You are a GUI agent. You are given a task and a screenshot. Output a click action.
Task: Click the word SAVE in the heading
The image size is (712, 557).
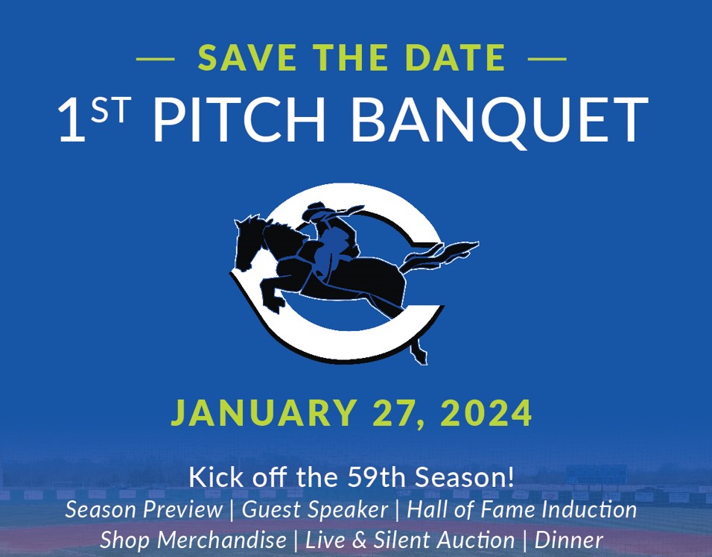click(x=247, y=57)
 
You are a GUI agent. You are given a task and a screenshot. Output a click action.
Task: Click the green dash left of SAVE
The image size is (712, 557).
click(x=156, y=59)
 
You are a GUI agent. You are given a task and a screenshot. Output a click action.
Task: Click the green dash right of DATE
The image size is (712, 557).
click(x=547, y=59)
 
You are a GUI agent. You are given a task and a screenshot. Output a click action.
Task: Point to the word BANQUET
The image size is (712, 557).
click(x=500, y=122)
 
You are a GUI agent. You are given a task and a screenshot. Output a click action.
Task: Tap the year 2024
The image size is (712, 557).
click(x=486, y=412)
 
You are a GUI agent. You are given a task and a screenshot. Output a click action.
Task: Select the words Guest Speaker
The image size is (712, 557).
click(x=315, y=509)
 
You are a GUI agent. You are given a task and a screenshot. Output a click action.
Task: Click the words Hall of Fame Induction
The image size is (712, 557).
click(x=522, y=509)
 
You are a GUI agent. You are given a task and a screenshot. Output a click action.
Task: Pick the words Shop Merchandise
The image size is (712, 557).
click(x=193, y=540)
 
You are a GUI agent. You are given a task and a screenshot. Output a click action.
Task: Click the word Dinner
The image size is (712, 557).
click(x=568, y=540)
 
